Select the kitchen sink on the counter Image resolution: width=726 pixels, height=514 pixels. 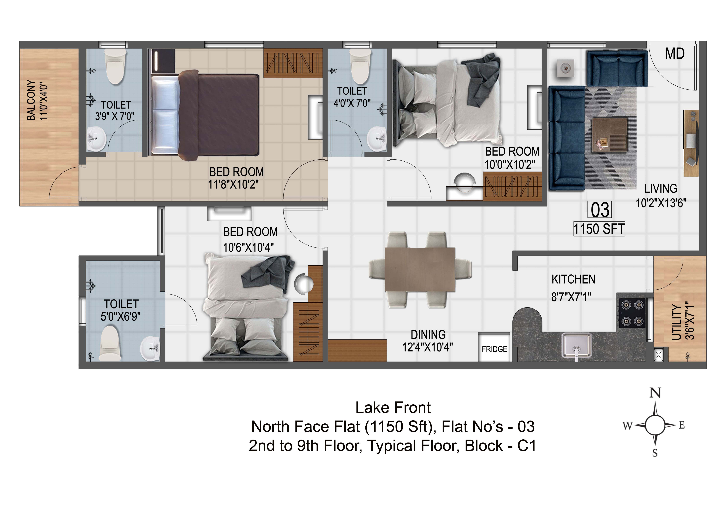tap(576, 346)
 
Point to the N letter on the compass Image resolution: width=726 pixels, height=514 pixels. tap(655, 393)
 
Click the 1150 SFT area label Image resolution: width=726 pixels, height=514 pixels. tap(599, 229)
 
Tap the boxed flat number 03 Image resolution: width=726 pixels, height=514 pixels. tap(600, 210)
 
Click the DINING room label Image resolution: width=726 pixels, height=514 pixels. tap(428, 335)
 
